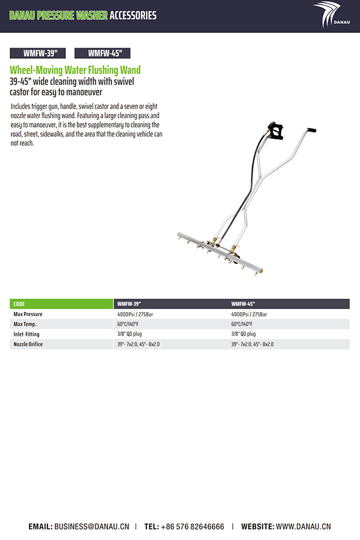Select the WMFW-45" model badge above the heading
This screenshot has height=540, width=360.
pos(102,53)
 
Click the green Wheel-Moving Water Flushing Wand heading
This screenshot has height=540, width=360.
pos(75,70)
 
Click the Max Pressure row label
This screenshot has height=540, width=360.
pos(28,314)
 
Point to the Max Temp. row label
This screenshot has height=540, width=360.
pos(25,324)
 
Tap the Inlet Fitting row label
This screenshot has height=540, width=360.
pos(27,334)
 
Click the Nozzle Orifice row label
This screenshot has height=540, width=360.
pos(28,344)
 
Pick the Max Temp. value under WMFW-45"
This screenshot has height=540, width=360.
pos(243,324)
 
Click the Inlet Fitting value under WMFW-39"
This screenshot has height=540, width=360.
pos(129,334)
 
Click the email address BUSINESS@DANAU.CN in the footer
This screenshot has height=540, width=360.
pos(91,526)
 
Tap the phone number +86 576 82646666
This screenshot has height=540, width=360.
pos(192,526)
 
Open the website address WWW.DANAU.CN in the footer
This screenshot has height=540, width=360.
pos(303,526)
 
